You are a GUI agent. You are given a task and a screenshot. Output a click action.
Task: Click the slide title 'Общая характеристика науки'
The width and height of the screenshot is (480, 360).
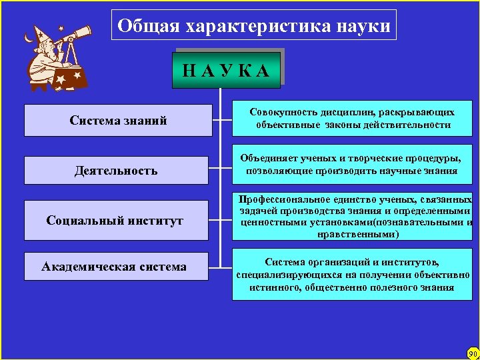(x=253, y=26)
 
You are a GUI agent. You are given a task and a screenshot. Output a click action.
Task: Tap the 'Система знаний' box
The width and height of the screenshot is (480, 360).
(x=118, y=121)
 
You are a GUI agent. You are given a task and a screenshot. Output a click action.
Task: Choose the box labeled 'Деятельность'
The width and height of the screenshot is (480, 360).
(x=116, y=171)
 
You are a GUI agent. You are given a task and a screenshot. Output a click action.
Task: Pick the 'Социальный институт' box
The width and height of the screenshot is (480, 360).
(x=115, y=221)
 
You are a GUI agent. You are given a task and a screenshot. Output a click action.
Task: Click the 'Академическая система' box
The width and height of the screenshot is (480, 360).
(x=114, y=267)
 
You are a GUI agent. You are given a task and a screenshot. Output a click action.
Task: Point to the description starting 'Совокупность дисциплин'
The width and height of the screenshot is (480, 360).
(x=352, y=119)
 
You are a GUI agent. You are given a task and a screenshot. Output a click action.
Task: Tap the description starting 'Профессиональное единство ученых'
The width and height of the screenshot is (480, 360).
(x=354, y=217)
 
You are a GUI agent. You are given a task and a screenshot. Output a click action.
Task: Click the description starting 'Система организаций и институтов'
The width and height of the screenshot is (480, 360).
(x=352, y=274)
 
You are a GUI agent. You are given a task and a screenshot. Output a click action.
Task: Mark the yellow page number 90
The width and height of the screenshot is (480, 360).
(x=473, y=353)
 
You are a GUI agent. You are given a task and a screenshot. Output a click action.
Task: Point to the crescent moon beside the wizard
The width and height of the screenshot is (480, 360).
(x=28, y=38)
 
